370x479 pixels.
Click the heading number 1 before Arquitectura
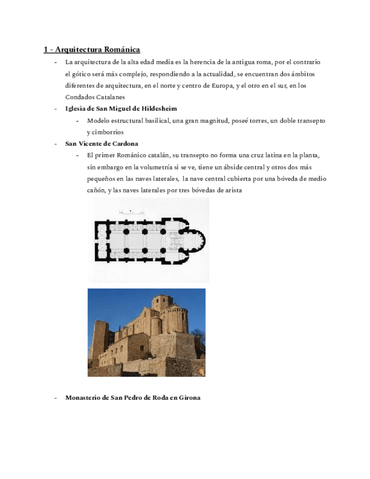click(x=46, y=50)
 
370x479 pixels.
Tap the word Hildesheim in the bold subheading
click(x=160, y=108)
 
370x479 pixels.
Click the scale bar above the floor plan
click(x=132, y=212)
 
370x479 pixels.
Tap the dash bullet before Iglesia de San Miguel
click(x=55, y=108)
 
